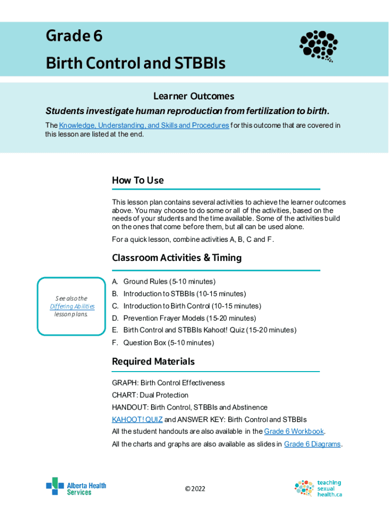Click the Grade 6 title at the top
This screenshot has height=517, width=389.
pyautogui.click(x=74, y=36)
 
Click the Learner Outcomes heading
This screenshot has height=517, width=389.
pyautogui.click(x=194, y=96)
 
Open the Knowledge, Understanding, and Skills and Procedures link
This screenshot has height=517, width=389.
pyautogui.click(x=144, y=125)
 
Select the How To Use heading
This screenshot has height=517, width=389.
pyautogui.click(x=137, y=180)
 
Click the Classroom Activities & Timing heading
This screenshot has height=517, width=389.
pyautogui.click(x=176, y=257)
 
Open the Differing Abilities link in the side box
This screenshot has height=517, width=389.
pyautogui.click(x=72, y=306)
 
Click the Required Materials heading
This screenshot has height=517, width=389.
pyautogui.click(x=153, y=361)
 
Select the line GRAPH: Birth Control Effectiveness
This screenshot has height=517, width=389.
pyautogui.click(x=168, y=383)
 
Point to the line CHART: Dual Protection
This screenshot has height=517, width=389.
pyautogui.click(x=150, y=395)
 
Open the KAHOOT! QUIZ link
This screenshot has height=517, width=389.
pyautogui.click(x=137, y=420)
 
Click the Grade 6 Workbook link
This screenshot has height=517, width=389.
pyautogui.click(x=294, y=431)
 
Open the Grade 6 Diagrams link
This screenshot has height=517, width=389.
pyautogui.click(x=312, y=444)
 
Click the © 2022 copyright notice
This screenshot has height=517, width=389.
pyautogui.click(x=195, y=489)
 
